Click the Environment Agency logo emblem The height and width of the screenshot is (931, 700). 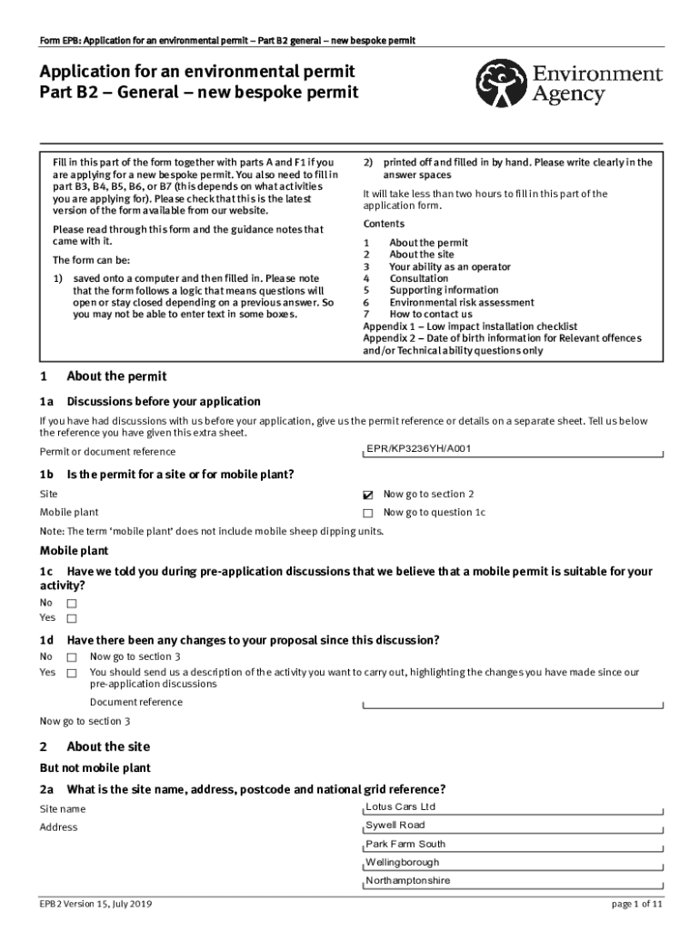(x=502, y=84)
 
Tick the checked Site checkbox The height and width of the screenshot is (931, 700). (x=368, y=495)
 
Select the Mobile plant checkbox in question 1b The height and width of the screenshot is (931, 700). (x=368, y=513)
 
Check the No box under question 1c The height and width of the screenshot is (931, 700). (x=72, y=603)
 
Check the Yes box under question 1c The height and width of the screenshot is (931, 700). (x=72, y=618)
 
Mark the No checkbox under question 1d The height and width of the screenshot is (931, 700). (x=72, y=656)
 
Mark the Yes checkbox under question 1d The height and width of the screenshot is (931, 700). (x=72, y=673)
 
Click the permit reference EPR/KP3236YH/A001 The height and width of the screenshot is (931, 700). (x=419, y=448)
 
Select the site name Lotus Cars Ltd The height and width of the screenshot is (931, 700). (x=401, y=806)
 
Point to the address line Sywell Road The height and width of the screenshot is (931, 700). (x=395, y=825)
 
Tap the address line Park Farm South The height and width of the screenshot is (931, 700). (x=405, y=844)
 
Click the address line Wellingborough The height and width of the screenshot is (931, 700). (x=402, y=862)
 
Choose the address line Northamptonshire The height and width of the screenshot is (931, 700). (x=407, y=880)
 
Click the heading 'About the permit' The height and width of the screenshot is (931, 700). (x=116, y=376)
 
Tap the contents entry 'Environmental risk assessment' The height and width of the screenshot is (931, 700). (x=462, y=303)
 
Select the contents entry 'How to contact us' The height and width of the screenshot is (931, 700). (x=431, y=315)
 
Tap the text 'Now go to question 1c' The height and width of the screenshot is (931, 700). (x=435, y=513)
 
